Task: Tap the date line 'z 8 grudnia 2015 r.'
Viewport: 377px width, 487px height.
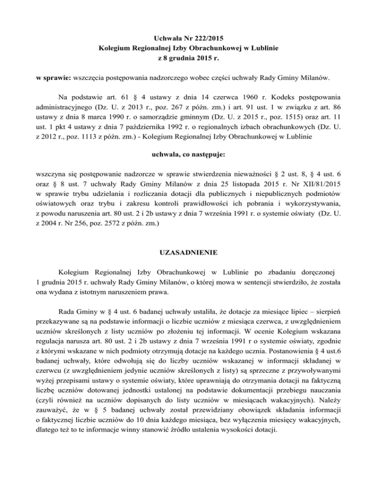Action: pyautogui.click(x=188, y=59)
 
